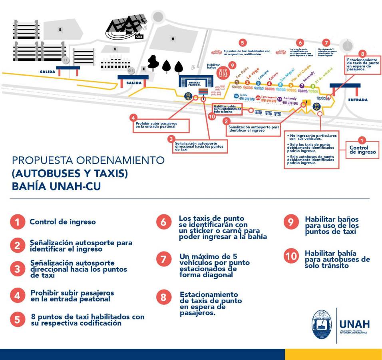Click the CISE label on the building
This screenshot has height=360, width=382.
click(x=139, y=36)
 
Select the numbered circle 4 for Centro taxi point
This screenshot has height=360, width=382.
click(x=269, y=84)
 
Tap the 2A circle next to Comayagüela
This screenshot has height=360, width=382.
click(x=258, y=97)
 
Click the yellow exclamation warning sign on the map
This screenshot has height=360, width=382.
click(x=306, y=102)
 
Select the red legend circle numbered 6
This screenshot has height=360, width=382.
click(x=163, y=222)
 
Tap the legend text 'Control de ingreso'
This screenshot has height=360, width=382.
click(x=63, y=222)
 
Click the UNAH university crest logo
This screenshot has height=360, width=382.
click(x=322, y=324)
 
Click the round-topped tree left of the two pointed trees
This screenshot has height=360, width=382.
click(x=153, y=62)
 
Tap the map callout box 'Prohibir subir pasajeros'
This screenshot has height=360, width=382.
click(x=159, y=124)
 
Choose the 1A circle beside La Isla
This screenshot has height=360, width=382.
click(x=236, y=96)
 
